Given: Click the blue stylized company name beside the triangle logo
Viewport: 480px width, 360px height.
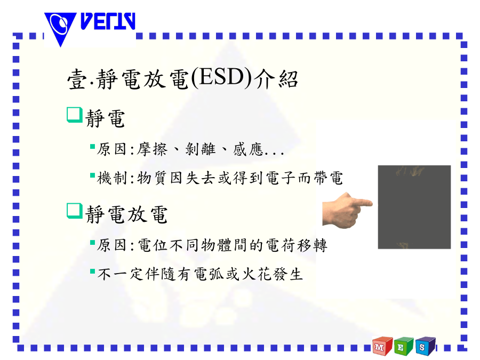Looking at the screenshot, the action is [x=108, y=21].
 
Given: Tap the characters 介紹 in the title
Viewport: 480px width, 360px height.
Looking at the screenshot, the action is [x=276, y=79].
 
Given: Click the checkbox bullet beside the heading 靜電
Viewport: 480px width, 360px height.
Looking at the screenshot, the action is [x=75, y=115].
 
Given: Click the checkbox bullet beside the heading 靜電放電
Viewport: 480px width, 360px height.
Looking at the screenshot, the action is [x=75, y=211].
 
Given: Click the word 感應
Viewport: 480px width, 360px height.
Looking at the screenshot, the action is [x=248, y=149].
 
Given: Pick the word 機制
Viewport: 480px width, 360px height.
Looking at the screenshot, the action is [x=112, y=178].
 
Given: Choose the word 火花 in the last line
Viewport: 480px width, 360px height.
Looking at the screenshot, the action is [x=257, y=274].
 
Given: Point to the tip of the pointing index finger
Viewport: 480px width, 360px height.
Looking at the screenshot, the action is [x=372, y=203].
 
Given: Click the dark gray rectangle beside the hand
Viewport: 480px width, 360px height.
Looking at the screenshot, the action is [x=414, y=207].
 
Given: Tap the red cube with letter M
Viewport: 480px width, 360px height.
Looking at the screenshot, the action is [x=382, y=346].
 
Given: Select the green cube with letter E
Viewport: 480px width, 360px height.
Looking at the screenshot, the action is [x=404, y=346].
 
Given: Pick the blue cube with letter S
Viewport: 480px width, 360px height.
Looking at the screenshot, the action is [x=426, y=346].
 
